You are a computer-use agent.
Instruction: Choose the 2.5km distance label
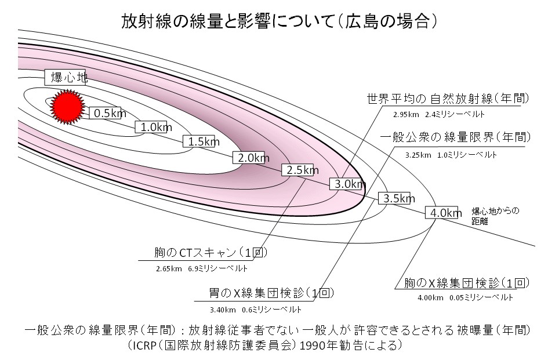click(x=300, y=170)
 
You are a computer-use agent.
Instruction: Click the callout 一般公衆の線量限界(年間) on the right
click(x=455, y=138)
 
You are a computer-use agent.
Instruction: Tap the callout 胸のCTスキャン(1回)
click(x=202, y=253)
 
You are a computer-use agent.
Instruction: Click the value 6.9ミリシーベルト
click(x=218, y=269)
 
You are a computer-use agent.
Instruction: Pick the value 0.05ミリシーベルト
click(x=481, y=297)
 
